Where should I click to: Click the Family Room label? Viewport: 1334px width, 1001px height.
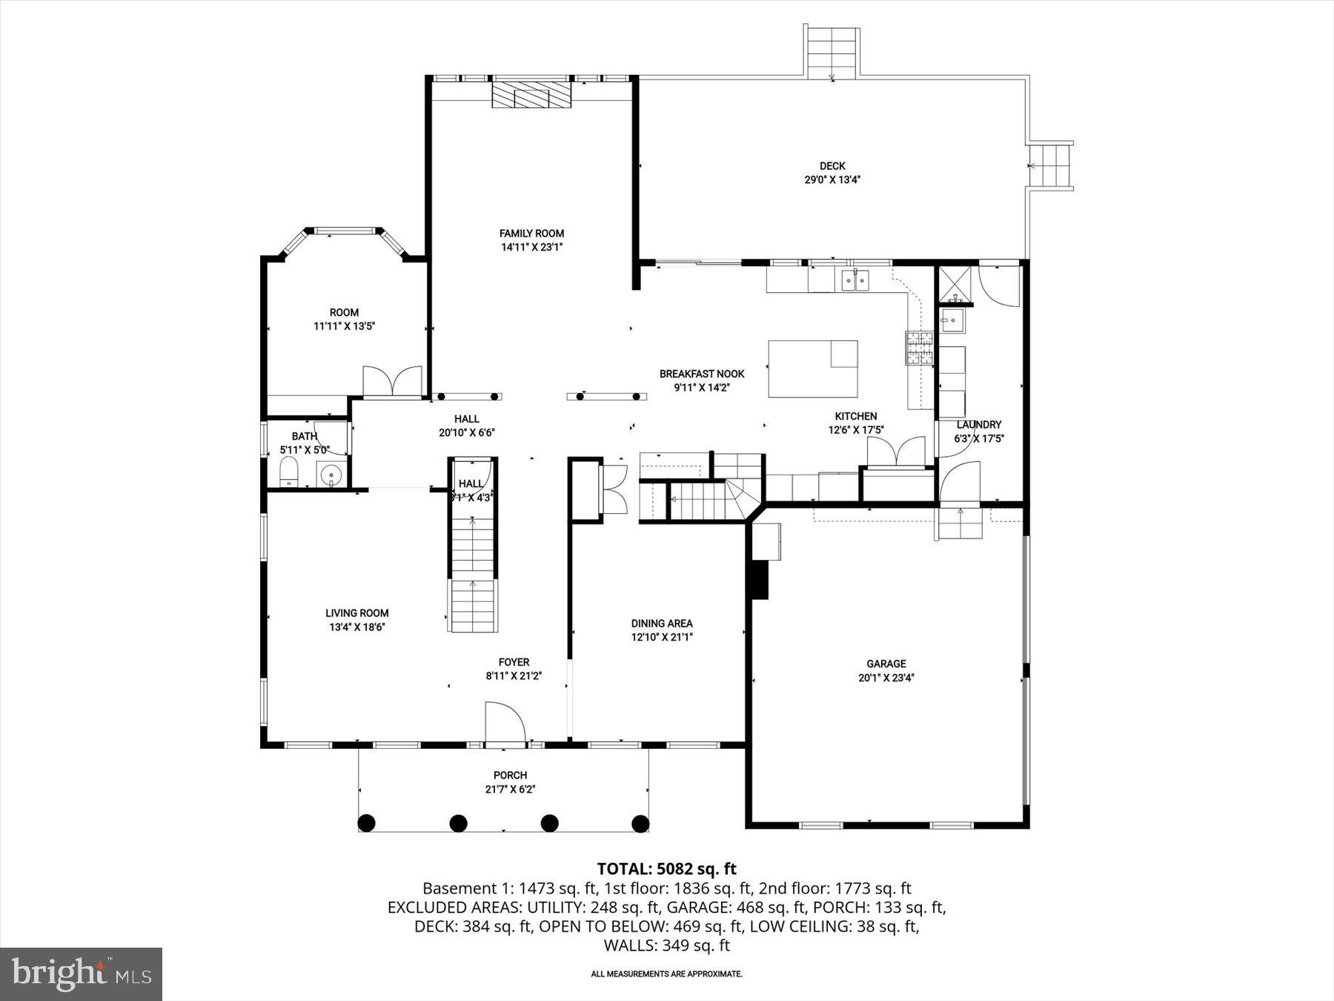click(x=531, y=234)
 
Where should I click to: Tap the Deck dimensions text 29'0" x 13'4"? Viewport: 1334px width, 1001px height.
click(x=833, y=179)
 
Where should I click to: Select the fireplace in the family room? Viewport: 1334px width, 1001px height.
click(x=532, y=95)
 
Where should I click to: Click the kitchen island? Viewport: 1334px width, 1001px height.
click(x=812, y=369)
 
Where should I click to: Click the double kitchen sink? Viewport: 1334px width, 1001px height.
click(x=855, y=280)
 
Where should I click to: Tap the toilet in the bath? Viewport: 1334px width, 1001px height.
click(x=288, y=472)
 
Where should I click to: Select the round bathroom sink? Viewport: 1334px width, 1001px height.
click(x=331, y=474)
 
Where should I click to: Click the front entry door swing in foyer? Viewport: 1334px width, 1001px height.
click(x=504, y=721)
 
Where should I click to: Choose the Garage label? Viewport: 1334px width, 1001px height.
click(x=886, y=664)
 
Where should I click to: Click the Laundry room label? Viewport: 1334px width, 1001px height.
click(x=978, y=425)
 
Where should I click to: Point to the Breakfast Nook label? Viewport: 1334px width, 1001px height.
click(x=702, y=374)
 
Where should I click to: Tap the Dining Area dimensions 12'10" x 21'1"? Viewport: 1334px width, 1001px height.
click(x=662, y=637)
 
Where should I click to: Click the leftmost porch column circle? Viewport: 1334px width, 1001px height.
click(x=367, y=822)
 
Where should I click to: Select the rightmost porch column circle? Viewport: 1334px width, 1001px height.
click(x=640, y=822)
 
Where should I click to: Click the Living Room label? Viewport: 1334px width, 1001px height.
click(x=357, y=613)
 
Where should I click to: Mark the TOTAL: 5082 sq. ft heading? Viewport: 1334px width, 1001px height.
click(x=666, y=868)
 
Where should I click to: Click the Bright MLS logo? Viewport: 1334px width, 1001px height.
click(x=82, y=974)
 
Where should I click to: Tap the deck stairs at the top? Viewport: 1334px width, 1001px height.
click(x=832, y=52)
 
